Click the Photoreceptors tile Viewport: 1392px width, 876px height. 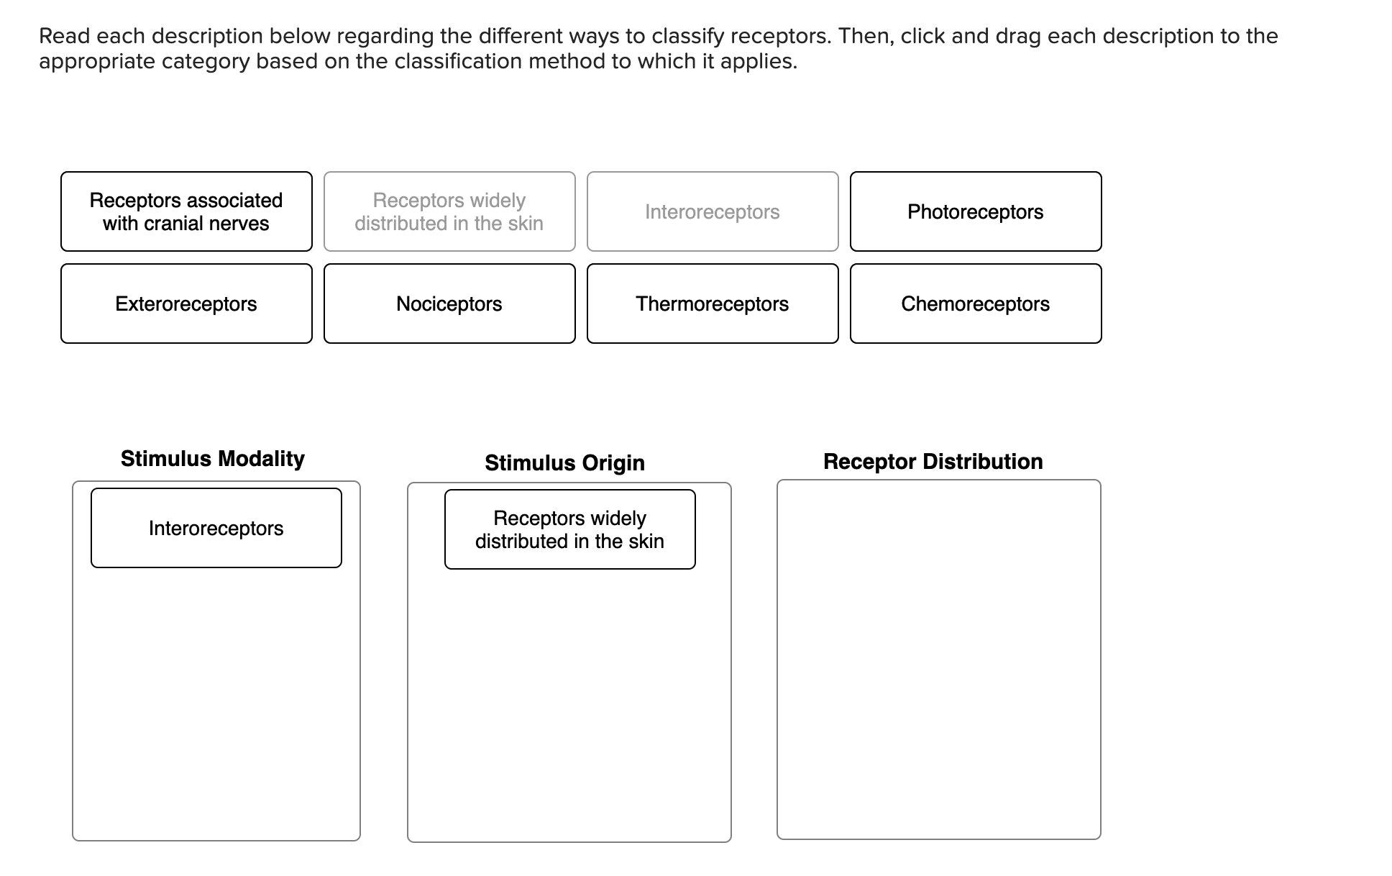[975, 211]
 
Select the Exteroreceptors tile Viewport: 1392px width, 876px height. [186, 304]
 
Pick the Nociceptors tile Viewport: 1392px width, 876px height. [449, 304]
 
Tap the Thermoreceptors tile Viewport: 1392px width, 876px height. [712, 304]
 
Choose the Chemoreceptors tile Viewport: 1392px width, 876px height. [975, 304]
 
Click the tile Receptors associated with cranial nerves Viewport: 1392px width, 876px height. [186, 211]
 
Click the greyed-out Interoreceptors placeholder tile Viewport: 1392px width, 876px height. [712, 211]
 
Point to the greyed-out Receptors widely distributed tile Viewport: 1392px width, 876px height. [449, 211]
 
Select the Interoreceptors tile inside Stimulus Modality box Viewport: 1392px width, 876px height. [216, 528]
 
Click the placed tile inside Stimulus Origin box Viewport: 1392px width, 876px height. [569, 529]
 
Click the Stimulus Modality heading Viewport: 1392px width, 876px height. [212, 459]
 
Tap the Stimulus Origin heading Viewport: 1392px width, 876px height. [564, 463]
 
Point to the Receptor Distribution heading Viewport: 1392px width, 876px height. [933, 462]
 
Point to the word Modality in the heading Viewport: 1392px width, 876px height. [261, 459]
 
